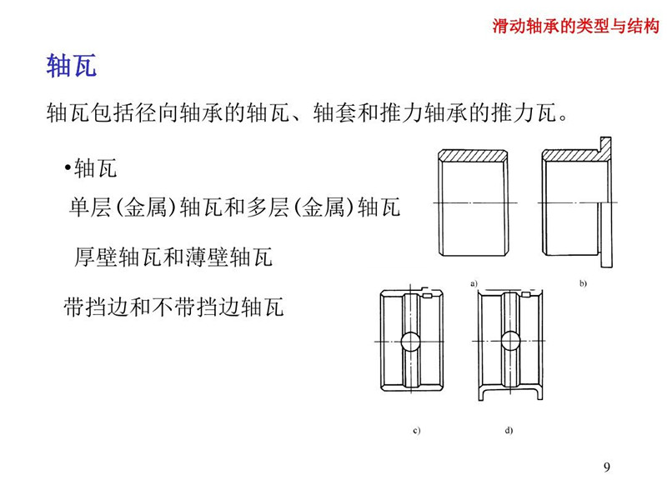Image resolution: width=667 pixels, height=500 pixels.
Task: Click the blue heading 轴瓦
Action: (x=72, y=66)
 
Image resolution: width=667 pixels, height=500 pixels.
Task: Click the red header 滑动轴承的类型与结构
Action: (x=576, y=26)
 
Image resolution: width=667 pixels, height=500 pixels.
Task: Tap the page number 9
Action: (x=607, y=467)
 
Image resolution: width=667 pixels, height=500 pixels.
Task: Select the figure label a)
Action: (x=474, y=283)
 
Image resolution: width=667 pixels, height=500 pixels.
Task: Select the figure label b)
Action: (x=583, y=283)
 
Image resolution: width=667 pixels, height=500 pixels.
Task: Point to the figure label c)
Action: (x=416, y=430)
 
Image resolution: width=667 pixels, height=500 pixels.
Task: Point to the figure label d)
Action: (x=509, y=430)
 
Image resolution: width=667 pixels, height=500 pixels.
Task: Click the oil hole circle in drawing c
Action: (x=411, y=342)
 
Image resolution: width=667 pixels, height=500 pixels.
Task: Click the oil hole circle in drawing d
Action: (x=510, y=342)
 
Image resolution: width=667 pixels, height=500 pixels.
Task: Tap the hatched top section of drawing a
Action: (x=473, y=156)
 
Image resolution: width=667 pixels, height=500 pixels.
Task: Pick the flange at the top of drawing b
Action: (x=606, y=148)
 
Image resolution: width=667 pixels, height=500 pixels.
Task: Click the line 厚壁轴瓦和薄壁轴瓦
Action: (x=173, y=257)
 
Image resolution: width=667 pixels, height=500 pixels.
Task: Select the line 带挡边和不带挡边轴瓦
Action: (x=173, y=307)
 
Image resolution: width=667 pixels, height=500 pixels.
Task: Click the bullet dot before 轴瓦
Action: (x=68, y=167)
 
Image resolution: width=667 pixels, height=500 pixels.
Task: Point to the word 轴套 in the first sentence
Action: (x=335, y=112)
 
